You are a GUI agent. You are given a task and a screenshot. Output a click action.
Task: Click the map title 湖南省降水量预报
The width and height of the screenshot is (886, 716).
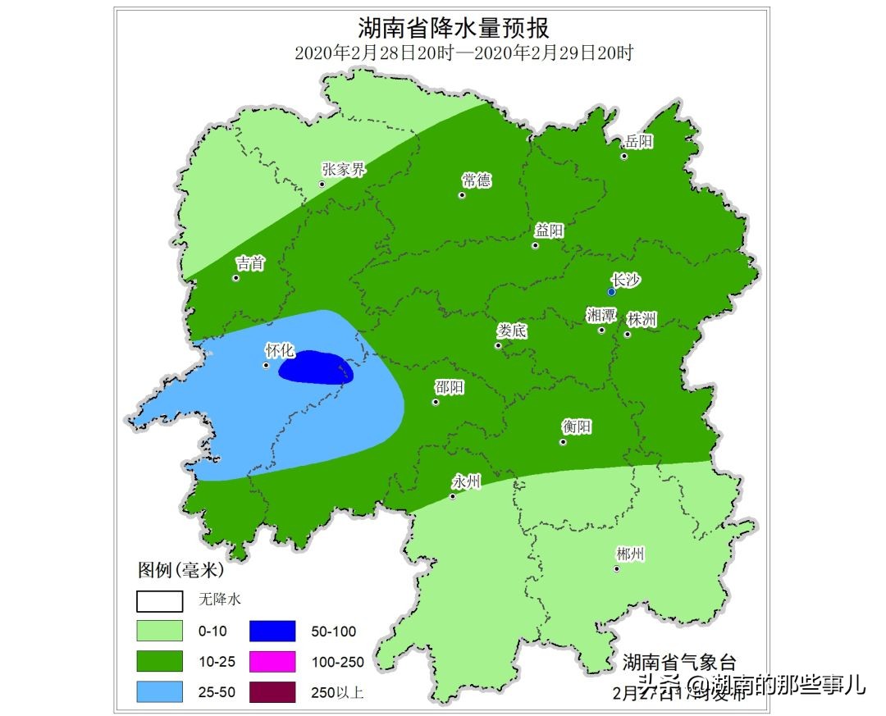click(x=463, y=28)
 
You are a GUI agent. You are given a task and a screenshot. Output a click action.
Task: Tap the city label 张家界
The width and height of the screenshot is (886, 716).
click(x=343, y=171)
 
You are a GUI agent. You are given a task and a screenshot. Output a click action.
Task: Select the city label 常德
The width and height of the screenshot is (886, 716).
click(x=477, y=180)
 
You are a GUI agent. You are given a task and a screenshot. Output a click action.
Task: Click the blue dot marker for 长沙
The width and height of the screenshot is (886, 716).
click(x=611, y=292)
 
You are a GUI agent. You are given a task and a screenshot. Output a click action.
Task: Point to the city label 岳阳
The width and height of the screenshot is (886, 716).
click(x=639, y=142)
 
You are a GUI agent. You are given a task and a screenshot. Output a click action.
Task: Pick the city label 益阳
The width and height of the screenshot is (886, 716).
click(x=550, y=230)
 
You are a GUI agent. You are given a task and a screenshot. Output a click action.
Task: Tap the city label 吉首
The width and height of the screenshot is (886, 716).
click(x=250, y=263)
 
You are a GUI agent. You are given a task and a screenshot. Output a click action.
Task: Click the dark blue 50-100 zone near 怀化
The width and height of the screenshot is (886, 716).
click(x=316, y=368)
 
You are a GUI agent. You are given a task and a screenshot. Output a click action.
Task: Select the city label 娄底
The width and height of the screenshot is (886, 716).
click(x=512, y=331)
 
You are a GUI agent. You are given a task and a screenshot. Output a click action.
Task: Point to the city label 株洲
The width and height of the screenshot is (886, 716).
click(x=642, y=319)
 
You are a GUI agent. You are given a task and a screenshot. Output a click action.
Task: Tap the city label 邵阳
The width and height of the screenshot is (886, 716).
click(x=449, y=387)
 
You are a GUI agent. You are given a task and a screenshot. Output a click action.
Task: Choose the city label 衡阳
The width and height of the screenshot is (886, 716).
click(x=577, y=426)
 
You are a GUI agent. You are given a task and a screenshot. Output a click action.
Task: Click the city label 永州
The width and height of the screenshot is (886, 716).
click(x=466, y=481)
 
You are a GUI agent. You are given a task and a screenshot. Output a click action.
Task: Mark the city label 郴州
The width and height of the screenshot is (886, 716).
click(x=630, y=554)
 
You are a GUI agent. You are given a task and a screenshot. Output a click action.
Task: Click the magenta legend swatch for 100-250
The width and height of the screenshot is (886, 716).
click(x=272, y=661)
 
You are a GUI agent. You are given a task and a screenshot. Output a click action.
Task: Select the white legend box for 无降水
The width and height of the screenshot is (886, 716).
click(x=159, y=601)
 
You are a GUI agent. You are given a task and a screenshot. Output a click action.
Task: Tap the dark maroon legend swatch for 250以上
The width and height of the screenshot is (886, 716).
click(x=272, y=691)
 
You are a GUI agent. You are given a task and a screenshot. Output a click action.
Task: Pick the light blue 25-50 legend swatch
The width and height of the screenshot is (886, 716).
click(x=159, y=691)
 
